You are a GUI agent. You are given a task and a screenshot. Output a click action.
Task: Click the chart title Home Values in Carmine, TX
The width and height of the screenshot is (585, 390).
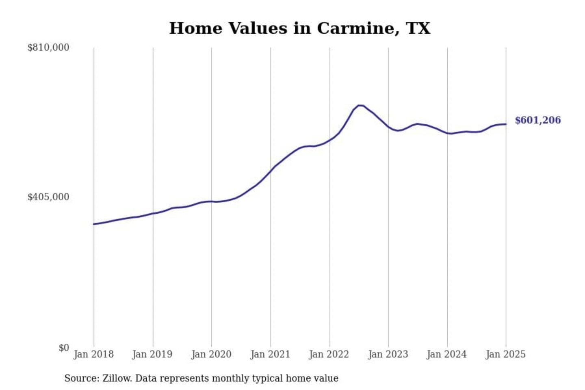(299, 28)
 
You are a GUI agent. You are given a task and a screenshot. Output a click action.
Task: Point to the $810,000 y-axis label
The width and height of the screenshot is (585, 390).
(48, 48)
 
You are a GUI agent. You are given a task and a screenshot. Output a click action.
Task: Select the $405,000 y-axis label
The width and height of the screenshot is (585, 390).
(48, 197)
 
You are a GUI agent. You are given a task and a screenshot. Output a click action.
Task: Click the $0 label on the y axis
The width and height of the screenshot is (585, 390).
(63, 348)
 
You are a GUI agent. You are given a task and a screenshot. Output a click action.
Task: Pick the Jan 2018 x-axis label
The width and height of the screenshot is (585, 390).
(93, 354)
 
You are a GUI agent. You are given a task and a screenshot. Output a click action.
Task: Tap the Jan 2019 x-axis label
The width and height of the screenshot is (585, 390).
(152, 354)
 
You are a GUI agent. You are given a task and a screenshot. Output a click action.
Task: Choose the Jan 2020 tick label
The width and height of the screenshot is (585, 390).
(211, 354)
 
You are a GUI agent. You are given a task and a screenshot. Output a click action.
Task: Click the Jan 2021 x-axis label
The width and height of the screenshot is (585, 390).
(270, 354)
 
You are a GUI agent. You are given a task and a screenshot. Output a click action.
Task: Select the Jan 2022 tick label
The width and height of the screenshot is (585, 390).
(329, 354)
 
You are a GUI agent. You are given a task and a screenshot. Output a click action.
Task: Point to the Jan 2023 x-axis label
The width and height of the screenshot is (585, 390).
(388, 354)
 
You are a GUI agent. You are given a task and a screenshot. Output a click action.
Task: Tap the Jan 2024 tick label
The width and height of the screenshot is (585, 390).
(447, 354)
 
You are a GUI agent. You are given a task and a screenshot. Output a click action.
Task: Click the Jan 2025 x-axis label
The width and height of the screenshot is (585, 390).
(506, 354)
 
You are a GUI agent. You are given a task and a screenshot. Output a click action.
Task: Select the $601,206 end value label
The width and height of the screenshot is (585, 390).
(537, 120)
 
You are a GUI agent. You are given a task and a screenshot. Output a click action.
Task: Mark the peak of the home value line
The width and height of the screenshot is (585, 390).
(360, 105)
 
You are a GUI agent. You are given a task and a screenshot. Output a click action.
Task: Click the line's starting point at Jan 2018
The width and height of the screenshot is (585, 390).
(94, 224)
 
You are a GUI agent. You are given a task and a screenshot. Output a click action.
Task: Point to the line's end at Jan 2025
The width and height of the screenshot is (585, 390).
(506, 124)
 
